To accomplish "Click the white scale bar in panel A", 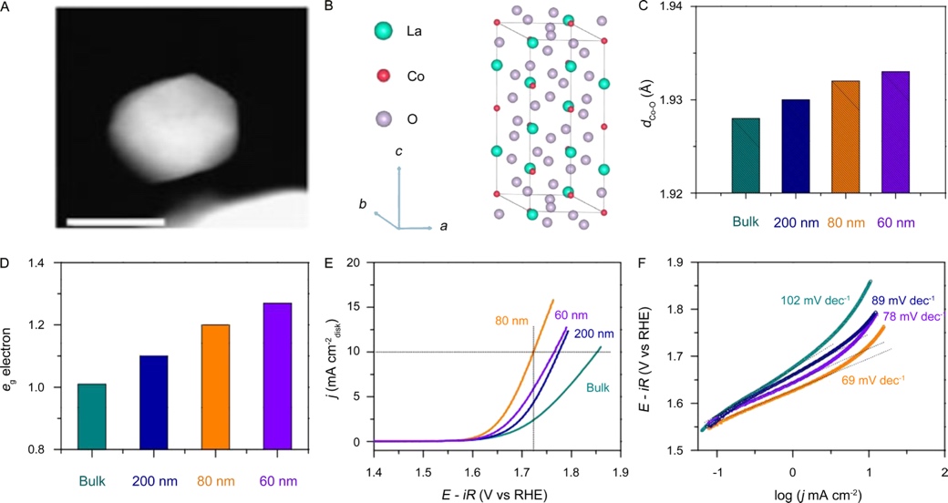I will pos(116,221).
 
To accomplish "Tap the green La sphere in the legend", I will pos(382,32).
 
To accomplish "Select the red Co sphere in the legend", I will pos(382,75).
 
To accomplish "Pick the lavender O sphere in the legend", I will pos(382,118).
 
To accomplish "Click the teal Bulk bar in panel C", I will pos(746,156).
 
